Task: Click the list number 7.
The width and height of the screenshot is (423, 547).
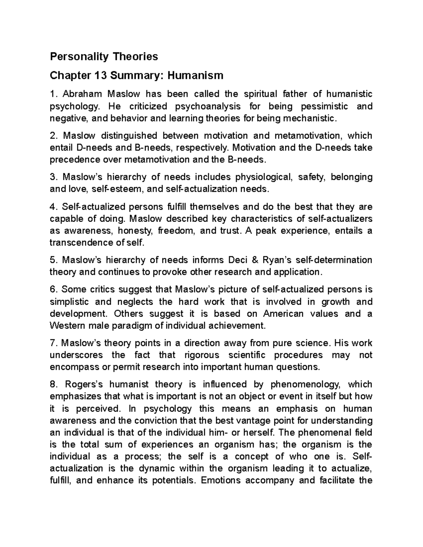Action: [53, 343]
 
